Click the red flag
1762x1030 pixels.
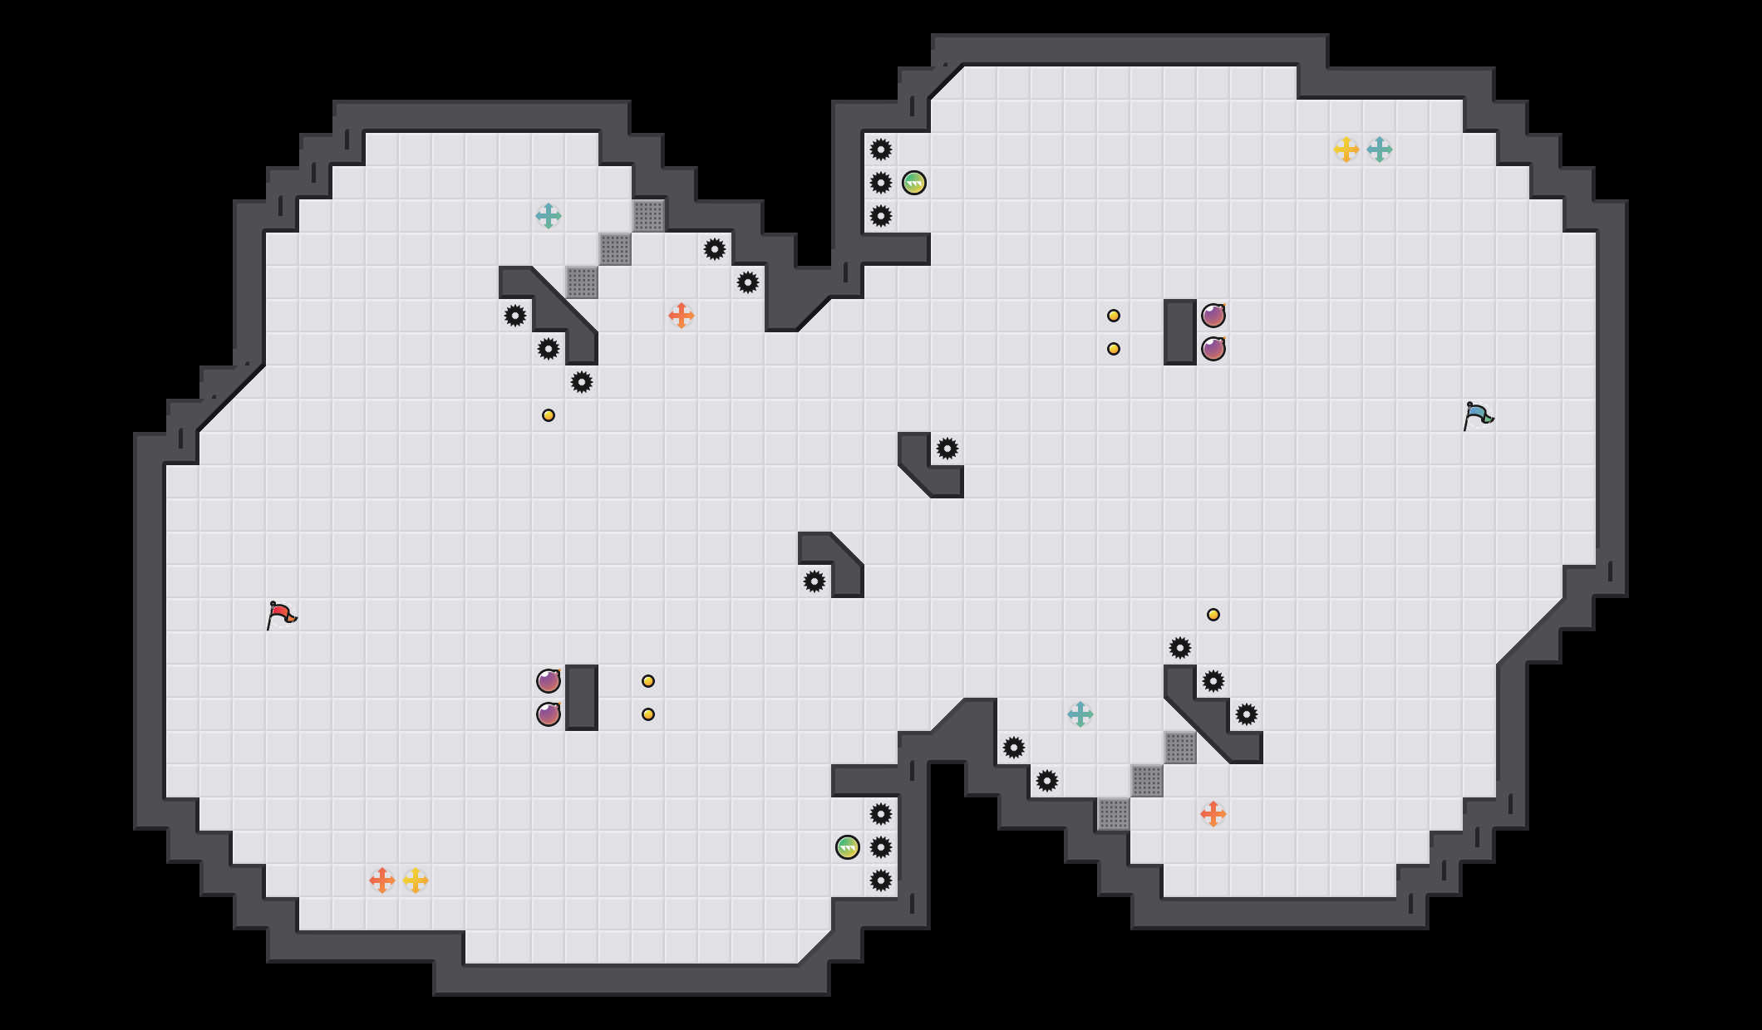click(x=281, y=615)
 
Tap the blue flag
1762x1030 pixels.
click(x=1478, y=415)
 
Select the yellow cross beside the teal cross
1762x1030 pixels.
click(x=1346, y=150)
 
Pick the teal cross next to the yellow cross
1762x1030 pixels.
click(x=1380, y=150)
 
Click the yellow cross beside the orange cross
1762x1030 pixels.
click(x=416, y=880)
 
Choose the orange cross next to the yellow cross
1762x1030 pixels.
click(x=382, y=880)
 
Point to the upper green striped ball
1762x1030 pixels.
click(x=914, y=183)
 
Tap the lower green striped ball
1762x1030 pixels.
click(x=848, y=847)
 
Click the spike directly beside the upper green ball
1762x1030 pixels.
click(x=881, y=183)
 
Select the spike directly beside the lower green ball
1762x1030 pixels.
click(x=881, y=847)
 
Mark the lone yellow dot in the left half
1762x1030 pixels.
click(x=549, y=415)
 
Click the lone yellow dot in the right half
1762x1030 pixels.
click(x=1213, y=615)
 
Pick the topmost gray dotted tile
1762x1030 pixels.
click(x=648, y=216)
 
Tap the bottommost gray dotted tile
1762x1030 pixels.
click(x=1114, y=814)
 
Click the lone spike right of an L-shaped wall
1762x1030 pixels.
click(x=947, y=449)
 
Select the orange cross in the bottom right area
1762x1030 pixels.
click(x=1213, y=814)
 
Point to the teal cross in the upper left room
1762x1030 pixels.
click(x=549, y=216)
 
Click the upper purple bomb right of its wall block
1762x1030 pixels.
click(x=1213, y=316)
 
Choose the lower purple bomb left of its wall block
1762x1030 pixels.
click(x=549, y=714)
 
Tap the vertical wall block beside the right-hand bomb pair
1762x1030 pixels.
click(x=1180, y=332)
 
